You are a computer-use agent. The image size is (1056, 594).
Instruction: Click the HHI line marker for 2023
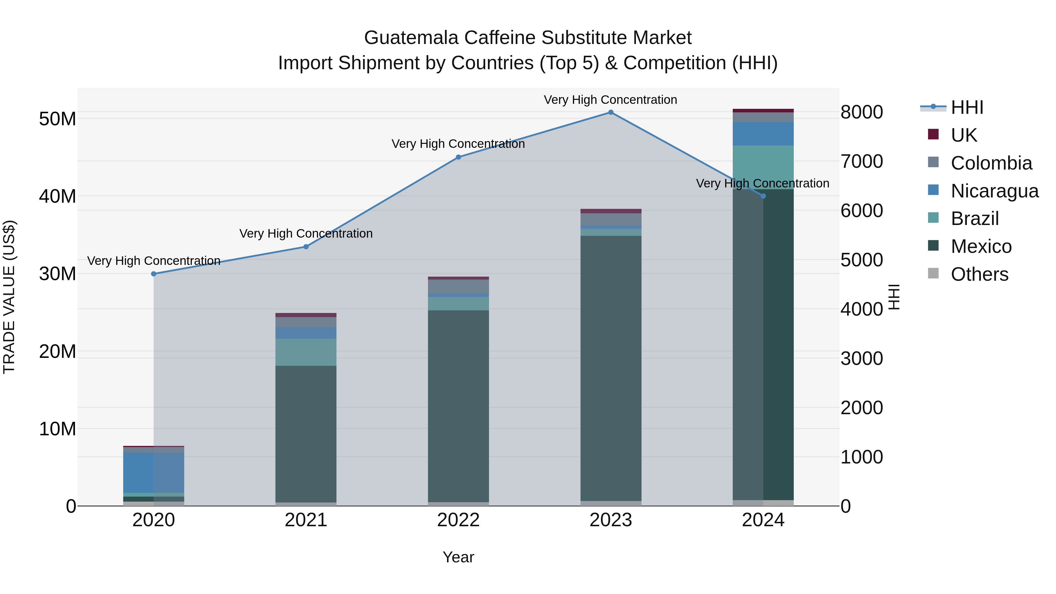point(610,112)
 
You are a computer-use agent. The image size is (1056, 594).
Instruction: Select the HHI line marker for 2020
point(154,274)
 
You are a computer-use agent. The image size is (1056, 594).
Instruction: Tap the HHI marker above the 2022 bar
point(458,157)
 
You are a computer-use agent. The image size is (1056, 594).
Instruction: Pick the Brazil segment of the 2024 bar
point(763,167)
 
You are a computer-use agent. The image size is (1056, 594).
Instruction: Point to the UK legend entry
point(963,135)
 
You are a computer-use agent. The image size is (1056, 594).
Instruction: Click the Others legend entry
point(979,274)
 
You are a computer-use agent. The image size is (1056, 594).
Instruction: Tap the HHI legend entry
point(966,107)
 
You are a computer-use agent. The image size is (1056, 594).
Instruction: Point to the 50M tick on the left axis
point(57,119)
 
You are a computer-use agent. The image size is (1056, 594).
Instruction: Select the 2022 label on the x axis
point(458,520)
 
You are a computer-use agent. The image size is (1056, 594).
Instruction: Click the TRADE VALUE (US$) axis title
point(9,297)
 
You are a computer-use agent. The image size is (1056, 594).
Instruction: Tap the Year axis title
point(458,557)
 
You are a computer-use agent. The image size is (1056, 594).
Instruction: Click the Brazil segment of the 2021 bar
point(306,352)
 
